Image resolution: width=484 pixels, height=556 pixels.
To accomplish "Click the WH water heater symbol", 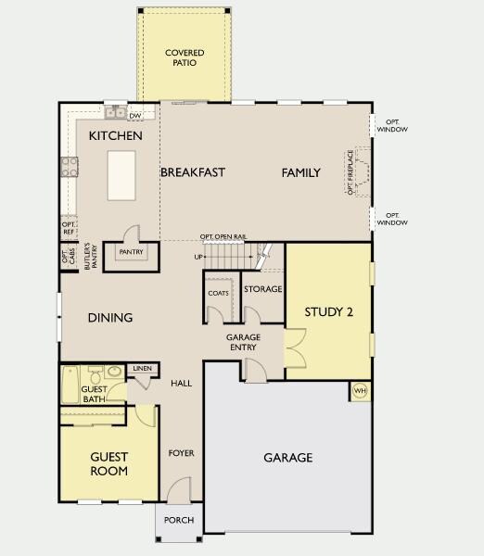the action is (360, 391).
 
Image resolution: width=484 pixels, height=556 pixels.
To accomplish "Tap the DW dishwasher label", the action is (134, 116).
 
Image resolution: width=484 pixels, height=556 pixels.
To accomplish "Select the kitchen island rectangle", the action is (121, 175).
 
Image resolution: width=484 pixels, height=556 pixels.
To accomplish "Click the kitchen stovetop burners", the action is (70, 167).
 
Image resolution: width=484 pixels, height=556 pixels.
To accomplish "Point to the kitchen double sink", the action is (116, 113).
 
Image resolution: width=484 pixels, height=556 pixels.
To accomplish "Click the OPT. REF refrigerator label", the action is (69, 228).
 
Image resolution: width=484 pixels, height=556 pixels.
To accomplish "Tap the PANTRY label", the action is (131, 252).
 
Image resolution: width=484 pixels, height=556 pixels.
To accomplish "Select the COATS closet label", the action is (218, 293).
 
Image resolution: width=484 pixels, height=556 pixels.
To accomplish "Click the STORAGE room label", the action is (263, 289).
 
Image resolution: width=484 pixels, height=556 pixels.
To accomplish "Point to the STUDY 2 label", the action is (328, 311).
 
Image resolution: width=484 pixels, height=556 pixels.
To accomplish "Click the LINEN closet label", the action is (142, 369).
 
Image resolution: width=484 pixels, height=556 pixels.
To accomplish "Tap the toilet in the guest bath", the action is (96, 374).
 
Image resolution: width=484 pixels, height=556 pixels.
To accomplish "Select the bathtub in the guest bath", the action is (70, 385).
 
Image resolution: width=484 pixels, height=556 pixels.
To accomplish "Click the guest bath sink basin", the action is (114, 372).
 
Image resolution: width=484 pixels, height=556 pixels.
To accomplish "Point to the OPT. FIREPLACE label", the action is (350, 172).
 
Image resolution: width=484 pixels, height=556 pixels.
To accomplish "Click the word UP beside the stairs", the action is (198, 257).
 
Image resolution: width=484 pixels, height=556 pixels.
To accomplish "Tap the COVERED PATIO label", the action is (185, 57).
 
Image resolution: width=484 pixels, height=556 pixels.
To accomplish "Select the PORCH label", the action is (179, 520).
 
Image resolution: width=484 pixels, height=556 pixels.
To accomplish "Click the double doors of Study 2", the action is (295, 347).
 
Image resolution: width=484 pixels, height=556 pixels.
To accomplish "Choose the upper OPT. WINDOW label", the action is (392, 126).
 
